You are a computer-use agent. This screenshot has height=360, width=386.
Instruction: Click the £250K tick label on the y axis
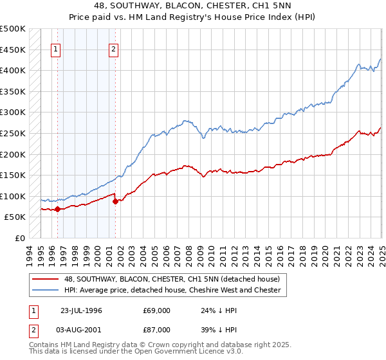coord(14,133)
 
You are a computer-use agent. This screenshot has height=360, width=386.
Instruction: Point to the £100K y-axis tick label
coord(14,196)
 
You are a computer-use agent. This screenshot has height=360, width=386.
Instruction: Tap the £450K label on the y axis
coord(14,50)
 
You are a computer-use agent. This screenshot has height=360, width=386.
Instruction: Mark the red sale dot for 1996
coord(57,209)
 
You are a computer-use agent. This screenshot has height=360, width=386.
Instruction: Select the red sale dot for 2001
coord(115,201)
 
